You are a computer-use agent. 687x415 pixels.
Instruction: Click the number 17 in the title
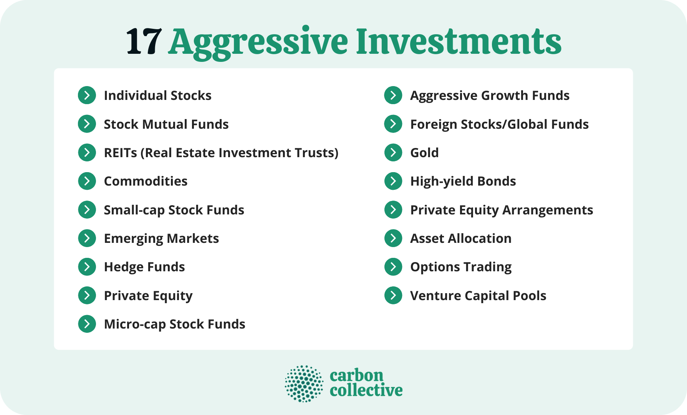click(143, 41)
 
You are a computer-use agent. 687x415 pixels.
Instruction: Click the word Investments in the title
click(459, 41)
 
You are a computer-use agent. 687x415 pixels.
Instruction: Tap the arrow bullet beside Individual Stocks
click(87, 95)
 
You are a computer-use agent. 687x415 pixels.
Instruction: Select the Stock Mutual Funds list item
click(166, 124)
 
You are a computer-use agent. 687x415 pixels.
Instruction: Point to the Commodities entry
click(146, 181)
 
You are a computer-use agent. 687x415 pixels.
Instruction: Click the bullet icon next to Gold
click(393, 153)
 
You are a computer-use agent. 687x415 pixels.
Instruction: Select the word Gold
click(424, 153)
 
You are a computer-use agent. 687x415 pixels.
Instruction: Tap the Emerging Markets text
click(161, 238)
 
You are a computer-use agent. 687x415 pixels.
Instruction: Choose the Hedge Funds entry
click(144, 267)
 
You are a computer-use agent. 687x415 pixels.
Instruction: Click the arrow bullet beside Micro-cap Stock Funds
click(87, 324)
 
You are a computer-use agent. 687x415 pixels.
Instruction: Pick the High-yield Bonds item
click(463, 181)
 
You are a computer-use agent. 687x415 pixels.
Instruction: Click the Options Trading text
click(461, 267)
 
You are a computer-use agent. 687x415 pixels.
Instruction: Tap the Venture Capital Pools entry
click(478, 295)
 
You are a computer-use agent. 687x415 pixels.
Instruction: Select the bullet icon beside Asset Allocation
click(393, 238)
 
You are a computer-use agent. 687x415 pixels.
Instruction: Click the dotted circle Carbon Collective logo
click(304, 383)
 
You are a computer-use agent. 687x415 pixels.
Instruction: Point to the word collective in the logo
click(366, 390)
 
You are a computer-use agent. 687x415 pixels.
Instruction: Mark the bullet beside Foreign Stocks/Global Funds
click(393, 124)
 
